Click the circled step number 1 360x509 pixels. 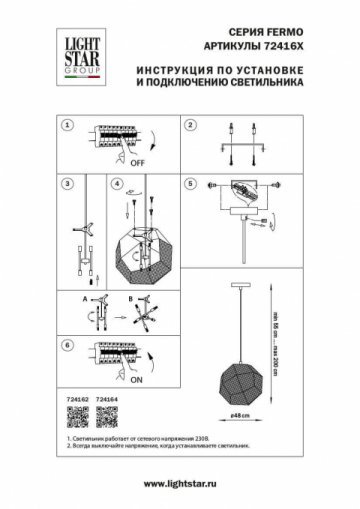[67, 127]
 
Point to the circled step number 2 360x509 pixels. [190, 127]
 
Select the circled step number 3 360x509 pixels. [67, 185]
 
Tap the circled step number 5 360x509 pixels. [190, 185]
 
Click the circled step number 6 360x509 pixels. [67, 345]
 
